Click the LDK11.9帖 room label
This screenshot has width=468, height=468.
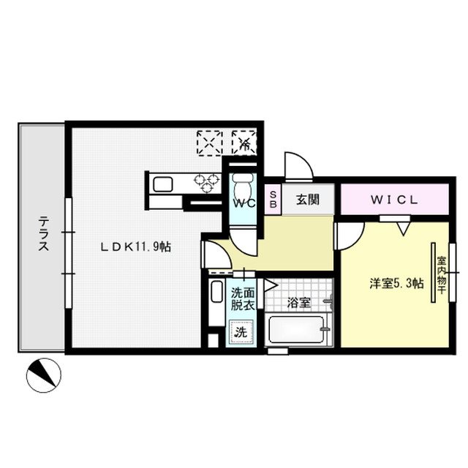tap(136, 247)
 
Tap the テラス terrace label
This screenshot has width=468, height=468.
tap(43, 234)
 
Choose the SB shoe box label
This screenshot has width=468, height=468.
tap(273, 199)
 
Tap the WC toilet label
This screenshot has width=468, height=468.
tap(244, 204)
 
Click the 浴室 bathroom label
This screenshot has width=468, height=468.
tap(298, 301)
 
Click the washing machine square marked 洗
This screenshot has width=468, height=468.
tap(241, 333)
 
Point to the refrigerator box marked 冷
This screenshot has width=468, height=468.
tap(244, 141)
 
